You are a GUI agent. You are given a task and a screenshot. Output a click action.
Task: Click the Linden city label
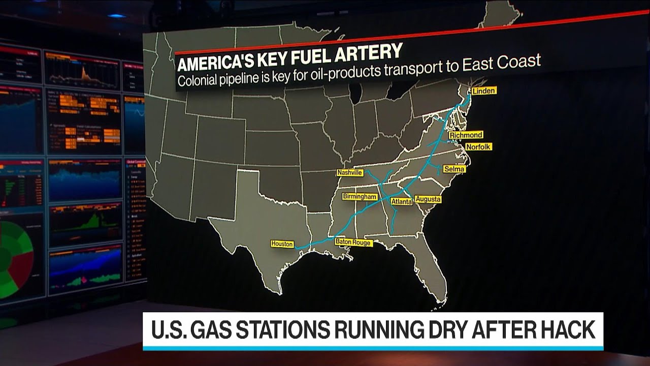483,91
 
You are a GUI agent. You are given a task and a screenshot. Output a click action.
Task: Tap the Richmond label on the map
466,135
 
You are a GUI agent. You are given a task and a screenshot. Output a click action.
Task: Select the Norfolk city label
478,146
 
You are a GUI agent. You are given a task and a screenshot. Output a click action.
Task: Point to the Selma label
454,169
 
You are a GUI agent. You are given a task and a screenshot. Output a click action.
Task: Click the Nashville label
350,173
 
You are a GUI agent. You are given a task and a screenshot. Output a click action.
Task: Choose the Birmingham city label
360,197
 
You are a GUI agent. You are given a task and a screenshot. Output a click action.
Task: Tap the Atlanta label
401,202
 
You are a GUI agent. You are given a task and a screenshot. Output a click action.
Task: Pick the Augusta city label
428,199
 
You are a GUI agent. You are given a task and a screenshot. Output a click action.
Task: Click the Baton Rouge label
353,243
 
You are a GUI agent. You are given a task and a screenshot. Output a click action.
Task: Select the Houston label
282,244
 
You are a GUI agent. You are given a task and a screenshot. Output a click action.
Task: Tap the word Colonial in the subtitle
196,80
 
